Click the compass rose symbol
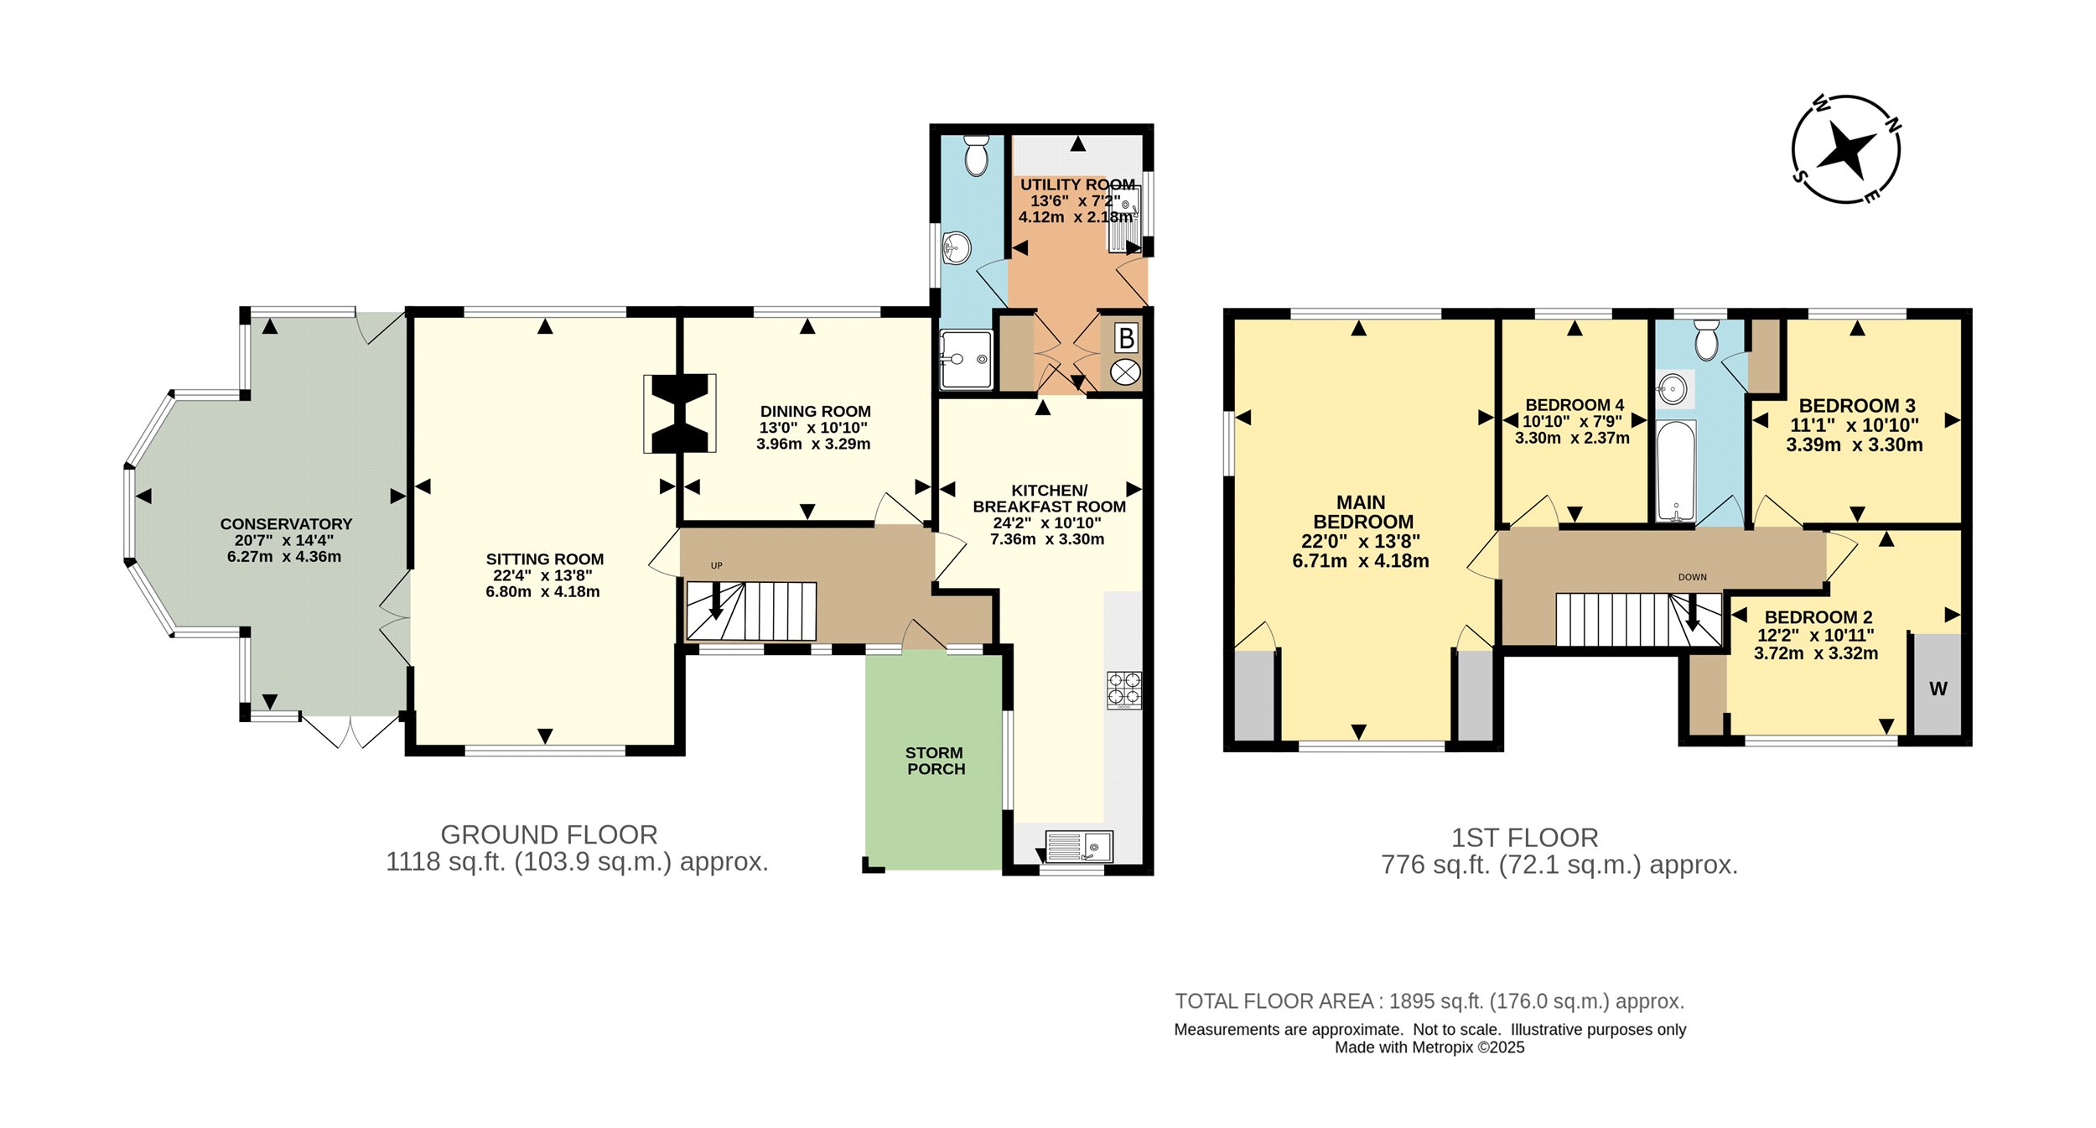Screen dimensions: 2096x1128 click(1845, 149)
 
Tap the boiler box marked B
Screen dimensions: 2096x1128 click(1126, 338)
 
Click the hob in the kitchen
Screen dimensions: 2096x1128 click(1123, 689)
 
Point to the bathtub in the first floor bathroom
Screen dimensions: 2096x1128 click(1676, 471)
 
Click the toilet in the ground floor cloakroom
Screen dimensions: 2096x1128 click(976, 155)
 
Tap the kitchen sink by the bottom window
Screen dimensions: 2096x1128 click(1079, 846)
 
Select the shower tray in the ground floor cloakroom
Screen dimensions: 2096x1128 click(967, 360)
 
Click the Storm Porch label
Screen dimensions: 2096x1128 click(935, 761)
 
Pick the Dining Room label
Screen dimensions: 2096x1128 click(815, 411)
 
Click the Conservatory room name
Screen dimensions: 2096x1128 click(286, 523)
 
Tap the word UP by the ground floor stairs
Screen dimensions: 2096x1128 click(716, 565)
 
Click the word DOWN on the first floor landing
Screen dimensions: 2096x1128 click(1692, 577)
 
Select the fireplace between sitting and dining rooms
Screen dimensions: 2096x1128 click(680, 413)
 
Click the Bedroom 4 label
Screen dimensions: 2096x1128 click(1574, 404)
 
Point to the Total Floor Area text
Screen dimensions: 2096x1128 click(1429, 1001)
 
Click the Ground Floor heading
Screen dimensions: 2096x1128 click(549, 834)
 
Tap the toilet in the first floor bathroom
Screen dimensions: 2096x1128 click(1706, 339)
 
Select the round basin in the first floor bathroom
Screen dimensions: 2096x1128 click(1673, 389)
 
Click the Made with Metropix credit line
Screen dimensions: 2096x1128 click(1429, 1047)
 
